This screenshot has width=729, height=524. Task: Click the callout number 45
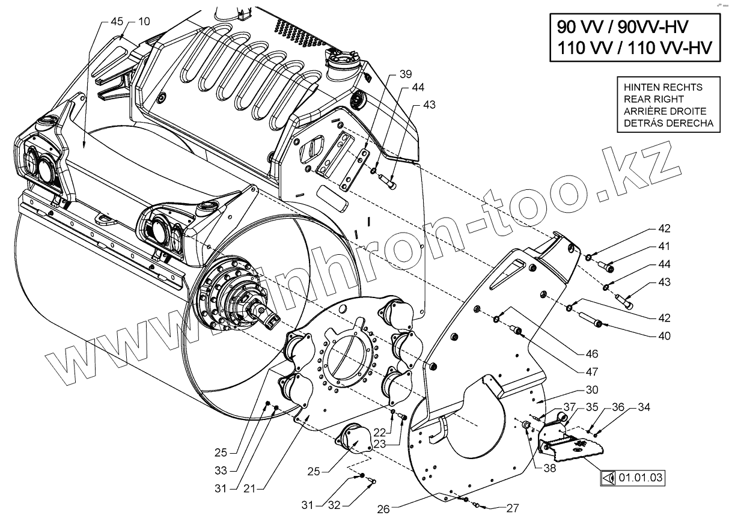tap(117, 22)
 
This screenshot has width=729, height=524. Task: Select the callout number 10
tap(144, 22)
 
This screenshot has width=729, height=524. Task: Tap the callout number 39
tap(406, 74)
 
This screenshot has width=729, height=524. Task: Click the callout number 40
tap(663, 337)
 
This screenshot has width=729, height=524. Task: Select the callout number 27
tap(511, 508)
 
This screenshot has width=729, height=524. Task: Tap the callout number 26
tap(383, 508)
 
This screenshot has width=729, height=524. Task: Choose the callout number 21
tap(251, 489)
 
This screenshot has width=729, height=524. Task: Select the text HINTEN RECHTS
tap(663, 87)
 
